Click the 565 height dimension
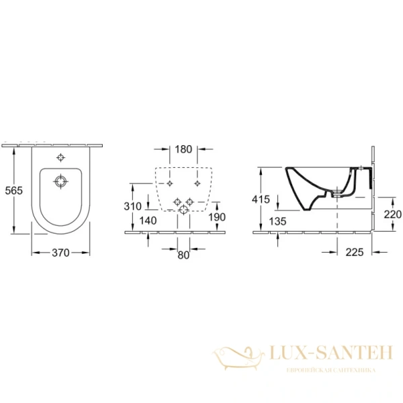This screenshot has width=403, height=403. pyautogui.click(x=13, y=191)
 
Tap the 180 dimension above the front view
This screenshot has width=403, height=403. pyautogui.click(x=183, y=148)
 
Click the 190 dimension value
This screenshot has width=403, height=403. pyautogui.click(x=216, y=217)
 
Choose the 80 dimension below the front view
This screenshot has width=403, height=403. pyautogui.click(x=183, y=255)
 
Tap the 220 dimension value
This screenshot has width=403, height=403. pyautogui.click(x=392, y=214)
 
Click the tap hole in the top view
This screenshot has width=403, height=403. pyautogui.click(x=61, y=159)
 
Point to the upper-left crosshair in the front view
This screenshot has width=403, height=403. pyautogui.click(x=171, y=183)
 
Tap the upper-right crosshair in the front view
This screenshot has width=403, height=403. pyautogui.click(x=197, y=183)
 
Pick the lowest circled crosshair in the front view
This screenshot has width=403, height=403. pyautogui.click(x=183, y=212)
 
